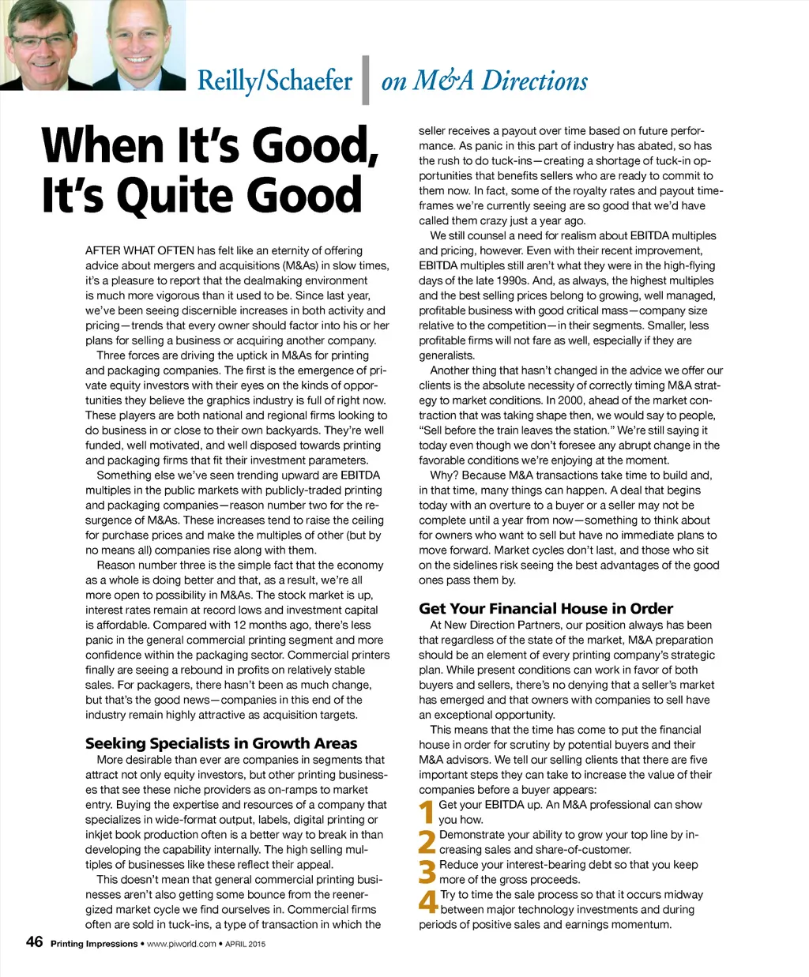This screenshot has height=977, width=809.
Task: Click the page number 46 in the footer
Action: point(35,941)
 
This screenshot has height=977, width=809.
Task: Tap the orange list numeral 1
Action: point(427,812)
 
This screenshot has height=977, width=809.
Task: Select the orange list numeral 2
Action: point(427,842)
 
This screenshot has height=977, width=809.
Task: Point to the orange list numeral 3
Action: point(427,872)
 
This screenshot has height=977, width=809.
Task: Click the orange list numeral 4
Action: point(427,902)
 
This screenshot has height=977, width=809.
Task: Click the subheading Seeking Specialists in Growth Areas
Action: point(221,743)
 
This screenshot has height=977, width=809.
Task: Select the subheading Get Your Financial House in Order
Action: point(546,608)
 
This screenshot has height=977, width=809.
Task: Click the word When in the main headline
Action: point(103,146)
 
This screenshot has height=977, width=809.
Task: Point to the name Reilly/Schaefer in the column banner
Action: point(275,81)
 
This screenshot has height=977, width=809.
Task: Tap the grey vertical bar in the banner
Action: point(365,80)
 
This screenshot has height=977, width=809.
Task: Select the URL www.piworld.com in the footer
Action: point(182,944)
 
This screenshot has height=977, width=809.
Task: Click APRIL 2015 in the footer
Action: point(246,944)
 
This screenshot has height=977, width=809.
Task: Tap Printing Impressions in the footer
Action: point(94,944)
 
